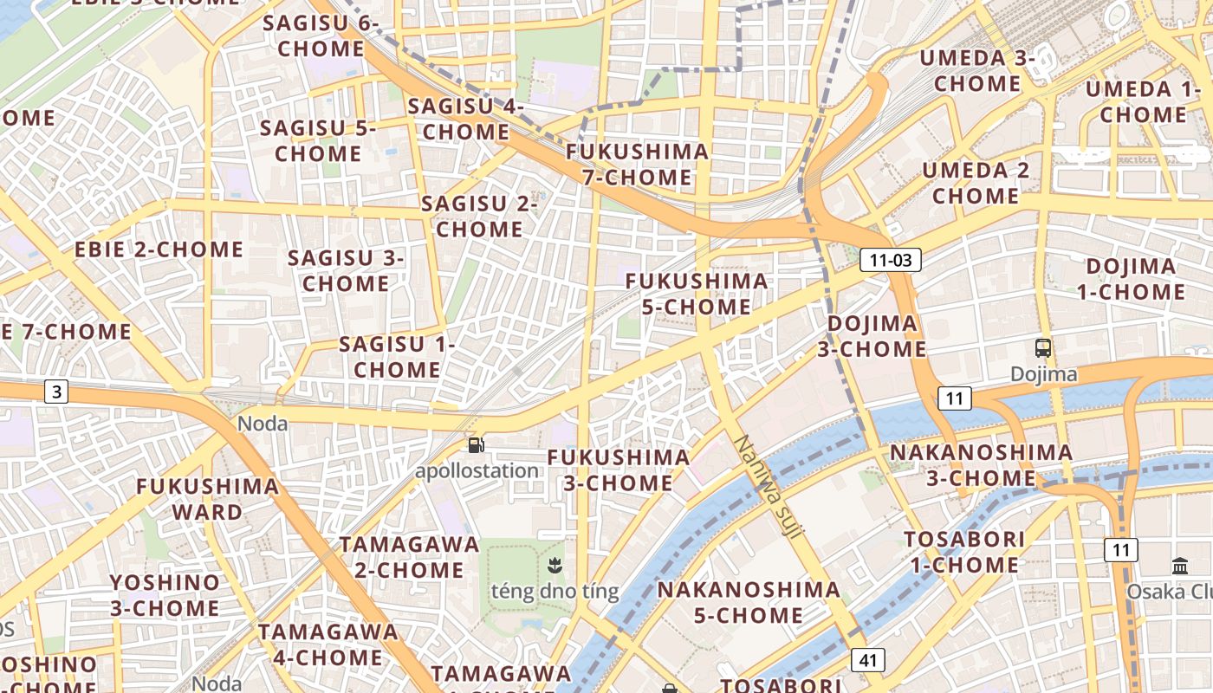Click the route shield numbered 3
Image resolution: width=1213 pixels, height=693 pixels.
tap(57, 392)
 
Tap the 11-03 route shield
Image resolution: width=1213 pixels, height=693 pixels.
tap(890, 260)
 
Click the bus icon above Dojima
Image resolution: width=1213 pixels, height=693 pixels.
tap(1043, 348)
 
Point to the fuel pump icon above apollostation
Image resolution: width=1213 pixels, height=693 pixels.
tap(476, 445)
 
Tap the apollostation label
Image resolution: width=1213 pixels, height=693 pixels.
tap(477, 471)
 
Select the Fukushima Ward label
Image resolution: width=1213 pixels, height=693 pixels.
tap(208, 498)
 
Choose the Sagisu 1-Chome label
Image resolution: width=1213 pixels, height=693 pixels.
tap(397, 357)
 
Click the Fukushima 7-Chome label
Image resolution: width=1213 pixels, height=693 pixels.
tap(637, 165)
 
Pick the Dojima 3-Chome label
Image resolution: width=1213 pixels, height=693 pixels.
tap(872, 336)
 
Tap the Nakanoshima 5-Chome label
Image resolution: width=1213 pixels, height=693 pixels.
tap(749, 602)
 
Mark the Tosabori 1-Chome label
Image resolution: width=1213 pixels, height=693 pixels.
tap(964, 552)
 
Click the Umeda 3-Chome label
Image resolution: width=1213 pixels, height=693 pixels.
tap(977, 71)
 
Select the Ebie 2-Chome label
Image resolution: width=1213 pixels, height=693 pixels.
tap(159, 249)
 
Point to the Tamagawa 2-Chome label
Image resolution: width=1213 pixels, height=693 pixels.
tap(409, 557)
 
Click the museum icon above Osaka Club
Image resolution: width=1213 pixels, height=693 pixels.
tap(1180, 567)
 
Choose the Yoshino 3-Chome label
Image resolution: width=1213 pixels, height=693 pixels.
tap(165, 595)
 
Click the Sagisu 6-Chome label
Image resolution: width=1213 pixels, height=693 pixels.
tap(321, 36)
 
